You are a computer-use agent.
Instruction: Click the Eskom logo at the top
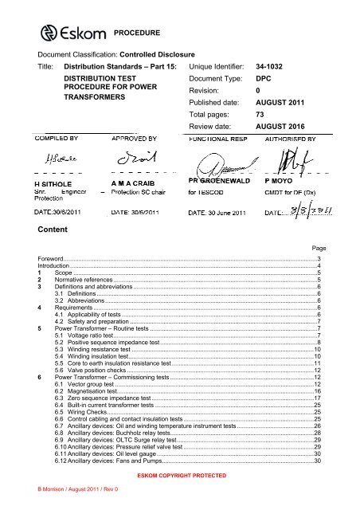pyautogui.click(x=72, y=33)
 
